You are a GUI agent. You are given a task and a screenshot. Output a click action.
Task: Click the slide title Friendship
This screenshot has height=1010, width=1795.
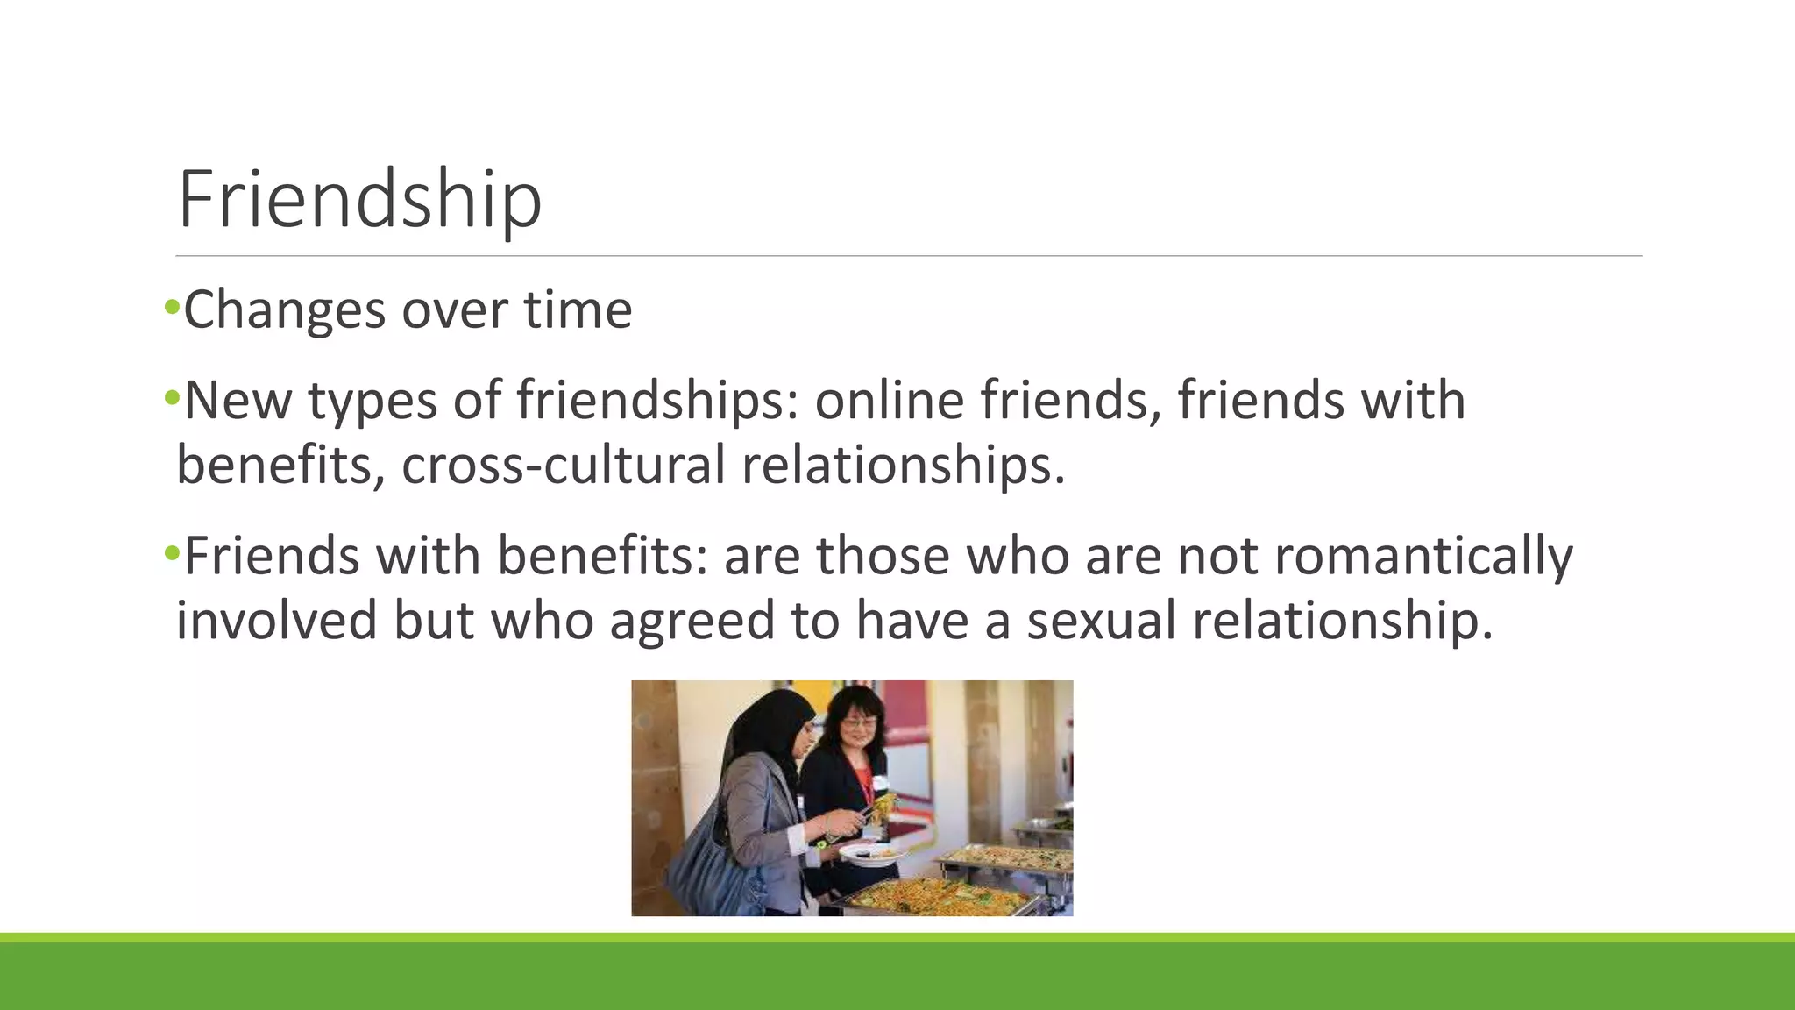[x=359, y=200]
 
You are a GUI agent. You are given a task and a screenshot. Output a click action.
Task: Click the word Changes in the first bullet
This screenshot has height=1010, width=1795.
[x=284, y=309]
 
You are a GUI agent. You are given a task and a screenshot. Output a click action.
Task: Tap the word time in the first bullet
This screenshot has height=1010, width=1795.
[x=578, y=309]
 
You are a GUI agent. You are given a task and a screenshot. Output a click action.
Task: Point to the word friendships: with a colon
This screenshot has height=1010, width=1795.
[x=656, y=400]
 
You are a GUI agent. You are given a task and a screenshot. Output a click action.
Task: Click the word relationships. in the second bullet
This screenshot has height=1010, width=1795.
[x=904, y=464]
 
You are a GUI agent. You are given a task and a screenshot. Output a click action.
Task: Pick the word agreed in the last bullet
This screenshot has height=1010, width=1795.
[x=692, y=620]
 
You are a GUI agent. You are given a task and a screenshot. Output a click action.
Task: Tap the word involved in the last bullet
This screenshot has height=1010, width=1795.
[x=276, y=620]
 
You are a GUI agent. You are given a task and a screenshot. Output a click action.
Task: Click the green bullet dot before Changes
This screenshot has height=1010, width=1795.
[x=172, y=308]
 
